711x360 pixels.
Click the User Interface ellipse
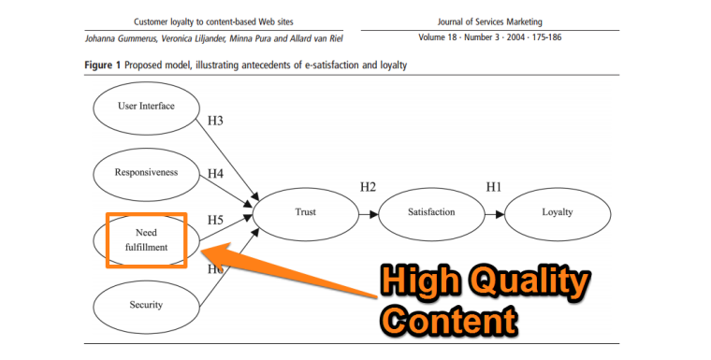[146, 107]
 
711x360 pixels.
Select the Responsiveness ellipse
[146, 172]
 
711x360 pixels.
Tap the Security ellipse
[146, 305]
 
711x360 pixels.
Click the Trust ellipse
[305, 212]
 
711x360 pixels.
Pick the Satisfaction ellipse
[431, 212]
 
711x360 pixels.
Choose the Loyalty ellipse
[558, 212]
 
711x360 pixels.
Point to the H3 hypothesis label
[214, 121]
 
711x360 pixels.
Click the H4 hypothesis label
[215, 173]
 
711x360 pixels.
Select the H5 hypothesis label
[215, 220]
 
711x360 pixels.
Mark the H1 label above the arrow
[493, 187]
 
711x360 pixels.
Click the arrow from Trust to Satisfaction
[368, 213]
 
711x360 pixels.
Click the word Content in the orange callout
[453, 320]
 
